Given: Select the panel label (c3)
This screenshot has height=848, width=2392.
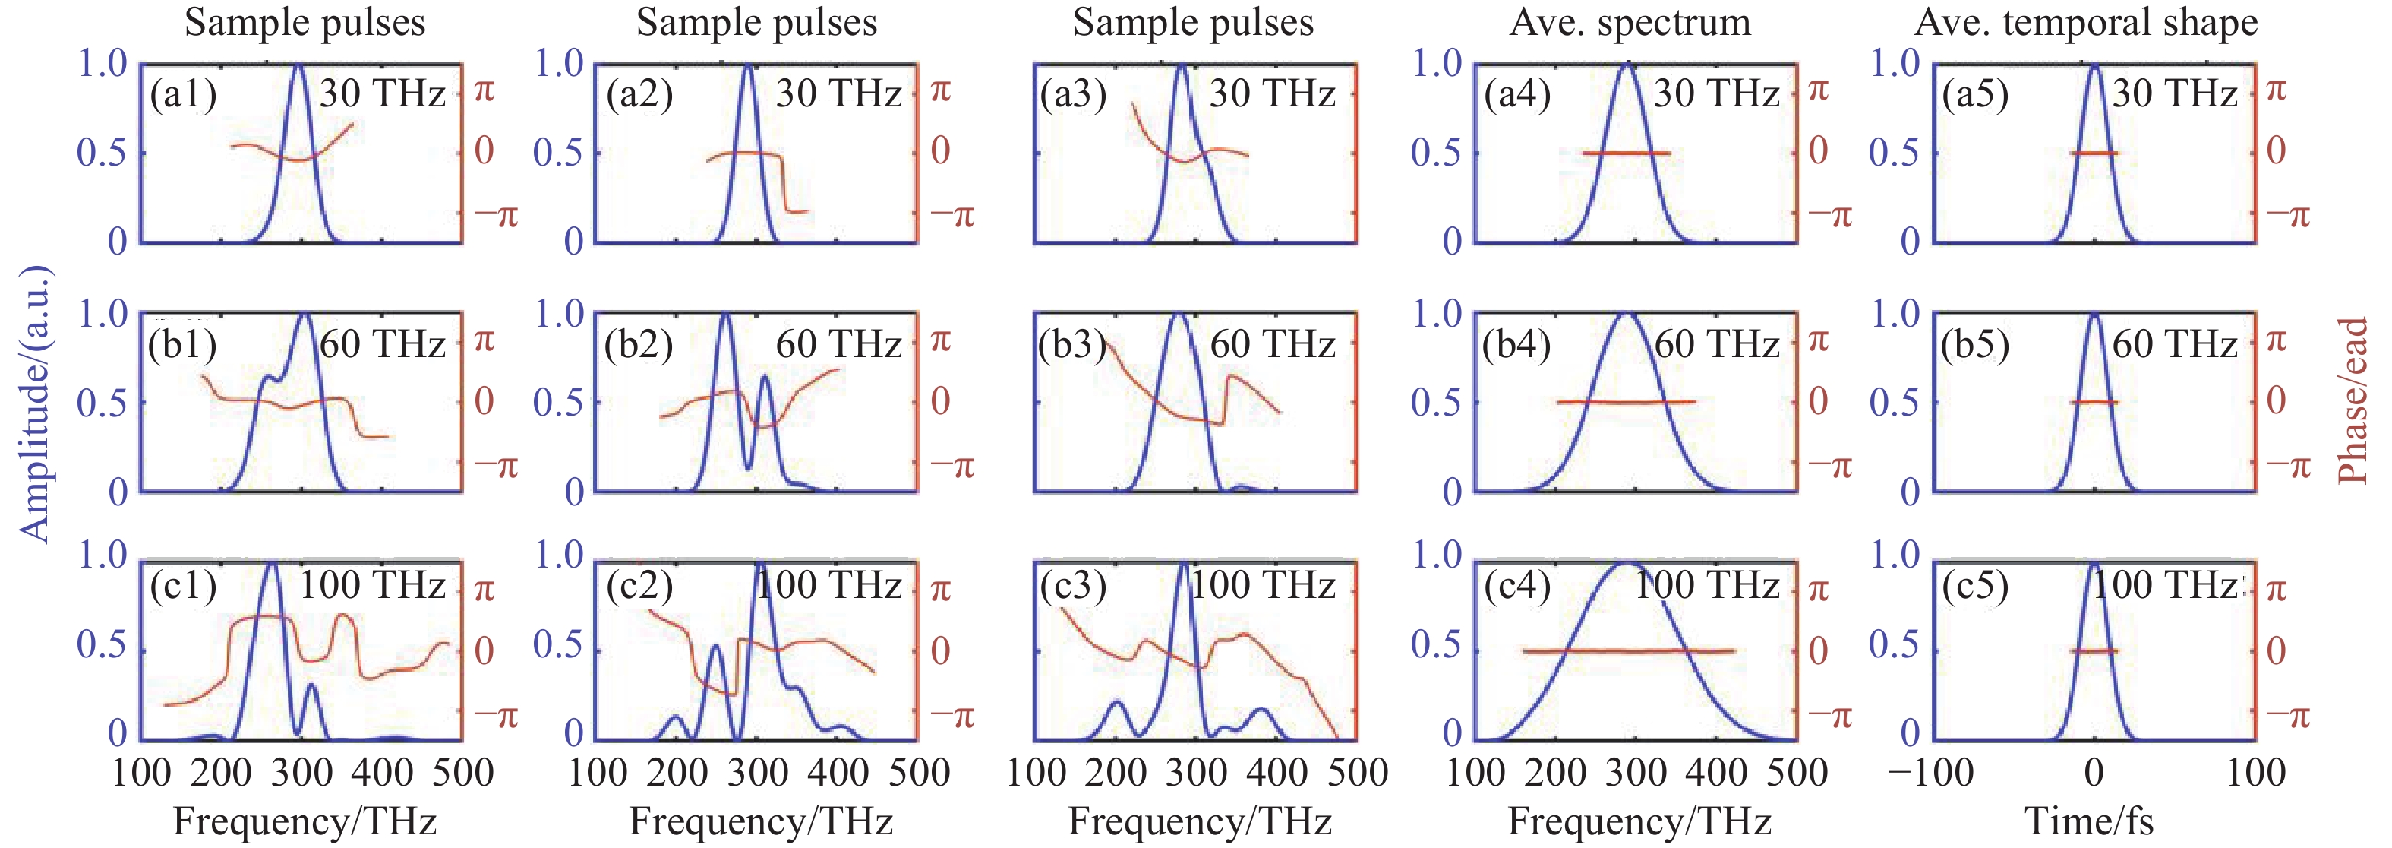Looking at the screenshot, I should click(1072, 585).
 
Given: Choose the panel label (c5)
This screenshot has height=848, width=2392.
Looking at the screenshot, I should click(1975, 585).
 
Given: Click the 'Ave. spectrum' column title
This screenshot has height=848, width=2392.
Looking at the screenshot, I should click(1630, 22).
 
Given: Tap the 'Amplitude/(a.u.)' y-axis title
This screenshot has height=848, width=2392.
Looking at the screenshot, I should click(35, 404).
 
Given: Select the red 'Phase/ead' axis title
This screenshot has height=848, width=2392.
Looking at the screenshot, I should click(2352, 400).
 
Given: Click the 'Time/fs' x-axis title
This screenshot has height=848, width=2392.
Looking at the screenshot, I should click(2088, 821).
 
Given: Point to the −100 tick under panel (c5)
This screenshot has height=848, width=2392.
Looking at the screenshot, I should click(1930, 773).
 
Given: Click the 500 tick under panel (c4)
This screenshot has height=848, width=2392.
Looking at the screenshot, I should click(1797, 773).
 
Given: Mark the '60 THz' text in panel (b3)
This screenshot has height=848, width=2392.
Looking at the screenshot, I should click(1272, 344).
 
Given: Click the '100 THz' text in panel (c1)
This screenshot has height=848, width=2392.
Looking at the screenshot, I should click(371, 585).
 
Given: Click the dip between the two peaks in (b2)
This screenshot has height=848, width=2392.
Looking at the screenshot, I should click(749, 464).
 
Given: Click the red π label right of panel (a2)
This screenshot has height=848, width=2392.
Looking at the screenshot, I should click(941, 91).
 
